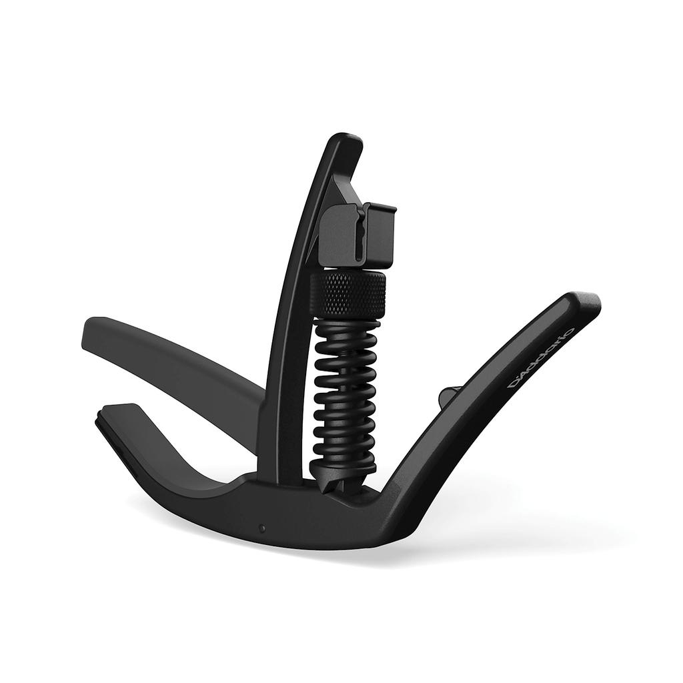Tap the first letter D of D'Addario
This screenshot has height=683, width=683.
tap(516, 385)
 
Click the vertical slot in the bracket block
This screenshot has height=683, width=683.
tap(361, 233)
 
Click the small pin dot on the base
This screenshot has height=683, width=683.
tap(262, 528)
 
